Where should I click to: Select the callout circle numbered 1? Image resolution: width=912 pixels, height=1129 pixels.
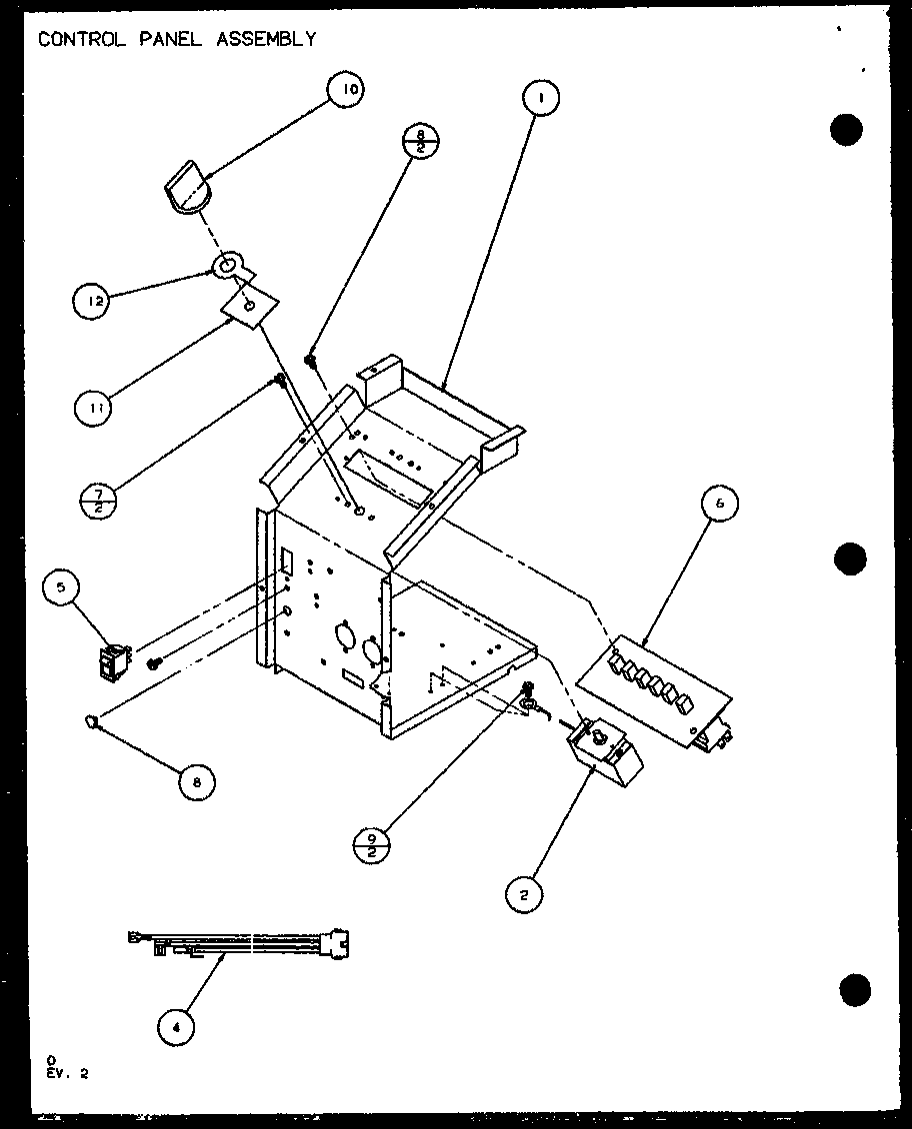[539, 98]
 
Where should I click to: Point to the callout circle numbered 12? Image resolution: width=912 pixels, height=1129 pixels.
[92, 301]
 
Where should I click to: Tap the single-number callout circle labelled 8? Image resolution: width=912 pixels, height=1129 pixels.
[197, 782]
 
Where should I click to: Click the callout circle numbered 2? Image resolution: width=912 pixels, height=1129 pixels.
[523, 895]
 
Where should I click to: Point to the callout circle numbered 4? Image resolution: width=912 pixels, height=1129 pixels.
[176, 1024]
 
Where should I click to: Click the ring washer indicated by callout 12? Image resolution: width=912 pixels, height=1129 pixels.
[226, 267]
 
